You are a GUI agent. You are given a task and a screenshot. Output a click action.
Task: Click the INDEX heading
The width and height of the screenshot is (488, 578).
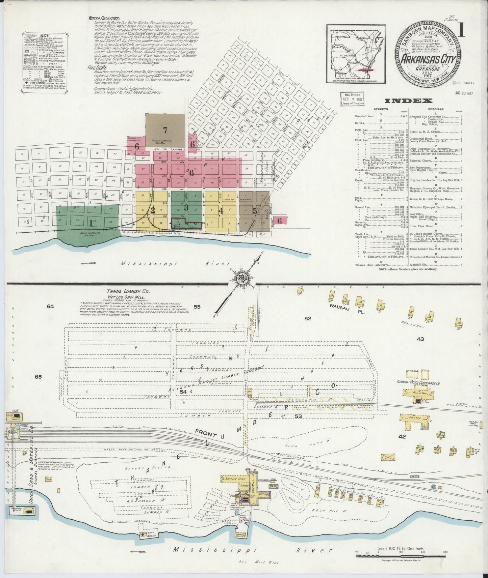click(x=409, y=100)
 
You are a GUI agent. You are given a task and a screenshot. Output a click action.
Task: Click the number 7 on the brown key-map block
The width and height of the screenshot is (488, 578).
click(x=165, y=130)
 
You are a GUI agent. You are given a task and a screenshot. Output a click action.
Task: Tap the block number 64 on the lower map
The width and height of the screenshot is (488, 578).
click(x=50, y=306)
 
